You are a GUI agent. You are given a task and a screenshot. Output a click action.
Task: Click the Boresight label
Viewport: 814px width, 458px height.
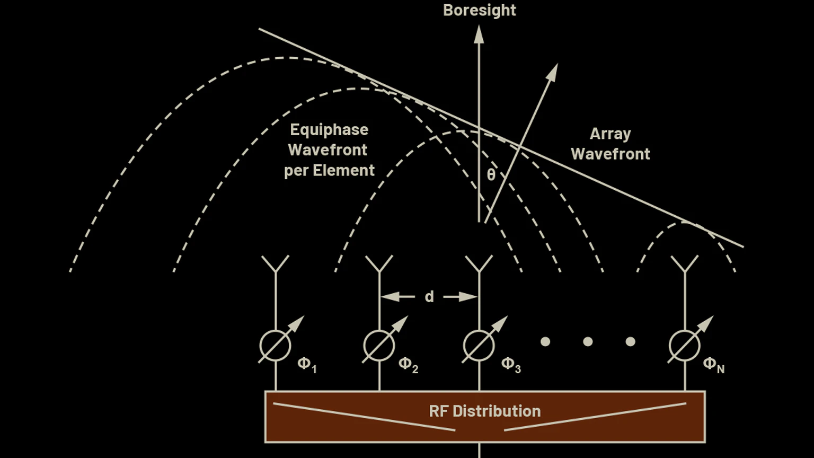point(479,10)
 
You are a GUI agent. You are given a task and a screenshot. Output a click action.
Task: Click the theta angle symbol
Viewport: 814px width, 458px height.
point(491,175)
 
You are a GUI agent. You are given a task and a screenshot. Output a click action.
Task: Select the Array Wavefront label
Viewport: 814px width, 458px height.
point(610,144)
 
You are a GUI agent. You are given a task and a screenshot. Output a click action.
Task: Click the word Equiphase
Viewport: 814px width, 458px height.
point(329,130)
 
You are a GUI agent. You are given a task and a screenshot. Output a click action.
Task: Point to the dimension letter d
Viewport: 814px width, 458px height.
point(429,297)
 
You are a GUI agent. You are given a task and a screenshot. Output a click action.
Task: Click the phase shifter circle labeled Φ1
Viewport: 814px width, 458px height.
point(275,346)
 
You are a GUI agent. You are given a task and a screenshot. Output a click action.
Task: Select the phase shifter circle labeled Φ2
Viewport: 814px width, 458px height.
point(379,346)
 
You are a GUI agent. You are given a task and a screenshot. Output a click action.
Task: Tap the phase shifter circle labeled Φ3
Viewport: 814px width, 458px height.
point(479,346)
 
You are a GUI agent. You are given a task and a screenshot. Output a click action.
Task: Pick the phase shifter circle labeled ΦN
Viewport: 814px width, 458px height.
point(684,346)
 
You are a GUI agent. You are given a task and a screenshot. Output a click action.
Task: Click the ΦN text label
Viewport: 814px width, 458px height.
point(713,364)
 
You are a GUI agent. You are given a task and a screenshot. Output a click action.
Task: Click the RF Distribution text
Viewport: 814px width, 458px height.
point(484,411)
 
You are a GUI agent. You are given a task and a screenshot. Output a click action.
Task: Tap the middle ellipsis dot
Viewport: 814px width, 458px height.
point(588,342)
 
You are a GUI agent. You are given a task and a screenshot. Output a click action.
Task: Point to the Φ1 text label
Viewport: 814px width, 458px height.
point(307,364)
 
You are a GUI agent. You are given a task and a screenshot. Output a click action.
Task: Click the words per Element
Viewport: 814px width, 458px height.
point(329,171)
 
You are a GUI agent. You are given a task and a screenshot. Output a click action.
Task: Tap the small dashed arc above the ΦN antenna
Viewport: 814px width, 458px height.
point(686,224)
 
